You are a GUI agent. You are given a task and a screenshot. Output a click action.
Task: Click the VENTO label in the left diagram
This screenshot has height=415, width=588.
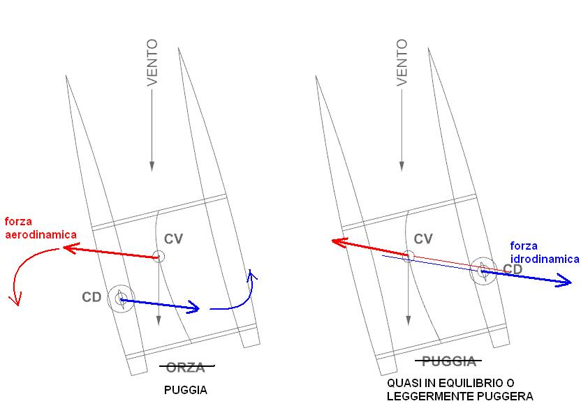tap(152, 62)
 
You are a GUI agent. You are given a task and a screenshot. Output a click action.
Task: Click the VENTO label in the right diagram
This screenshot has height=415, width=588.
tap(402, 62)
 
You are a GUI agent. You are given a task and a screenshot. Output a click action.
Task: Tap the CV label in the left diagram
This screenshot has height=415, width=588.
tap(173, 239)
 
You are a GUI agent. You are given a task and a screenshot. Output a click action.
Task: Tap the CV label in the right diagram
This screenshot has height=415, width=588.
tap(423, 239)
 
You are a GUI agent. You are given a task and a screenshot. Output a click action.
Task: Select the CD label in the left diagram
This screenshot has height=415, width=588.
tap(91, 297)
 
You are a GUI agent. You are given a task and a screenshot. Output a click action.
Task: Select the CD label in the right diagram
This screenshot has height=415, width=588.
tap(513, 269)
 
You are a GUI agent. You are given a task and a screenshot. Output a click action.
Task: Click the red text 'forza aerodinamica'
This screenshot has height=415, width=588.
tap(41, 228)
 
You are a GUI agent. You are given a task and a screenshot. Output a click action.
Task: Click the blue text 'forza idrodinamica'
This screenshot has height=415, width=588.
tap(545, 252)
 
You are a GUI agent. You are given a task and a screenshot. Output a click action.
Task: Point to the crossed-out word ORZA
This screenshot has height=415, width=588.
tap(186, 368)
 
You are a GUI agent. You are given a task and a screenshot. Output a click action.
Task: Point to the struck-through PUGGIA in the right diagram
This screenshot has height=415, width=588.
tap(449, 361)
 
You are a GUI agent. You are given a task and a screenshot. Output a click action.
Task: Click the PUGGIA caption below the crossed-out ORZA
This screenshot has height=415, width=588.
tap(186, 391)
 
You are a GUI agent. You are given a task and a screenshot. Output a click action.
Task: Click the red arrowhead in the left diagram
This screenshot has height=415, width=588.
tap(71, 248)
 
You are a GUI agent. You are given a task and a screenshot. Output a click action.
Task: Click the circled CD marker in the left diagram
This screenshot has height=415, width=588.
tap(121, 299)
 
